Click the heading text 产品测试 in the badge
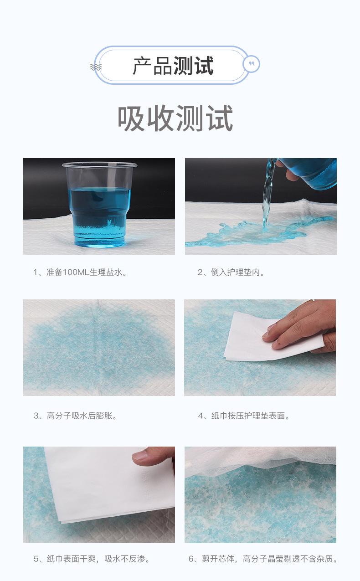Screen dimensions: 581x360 coord(173,66)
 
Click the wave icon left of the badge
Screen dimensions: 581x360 coord(96,67)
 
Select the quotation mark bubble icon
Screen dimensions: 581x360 coord(252,64)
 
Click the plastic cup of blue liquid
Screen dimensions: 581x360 coord(100,210)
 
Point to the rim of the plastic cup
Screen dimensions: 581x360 coord(99,165)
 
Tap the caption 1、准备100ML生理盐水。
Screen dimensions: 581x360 coord(80,273)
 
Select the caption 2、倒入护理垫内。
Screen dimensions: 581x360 coord(231,273)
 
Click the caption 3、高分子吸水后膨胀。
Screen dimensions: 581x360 coord(76,416)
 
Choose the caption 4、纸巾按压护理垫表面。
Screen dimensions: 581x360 coord(244,416)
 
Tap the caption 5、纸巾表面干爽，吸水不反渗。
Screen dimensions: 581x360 coord(92,559)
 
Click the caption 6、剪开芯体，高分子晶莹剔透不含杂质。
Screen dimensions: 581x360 coord(263,559)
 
